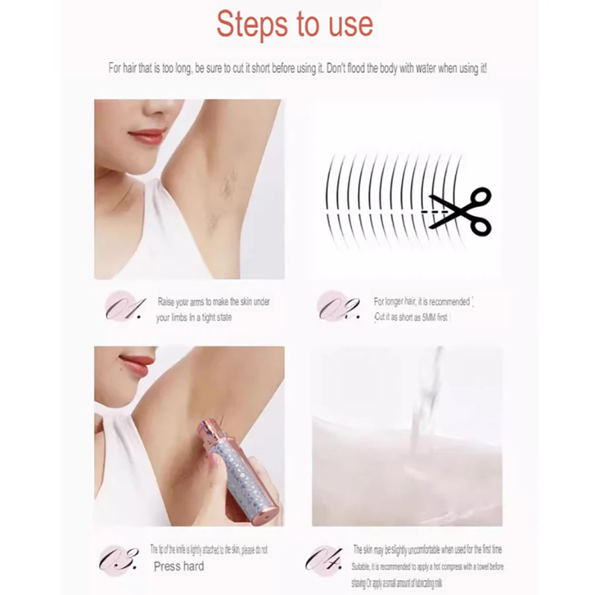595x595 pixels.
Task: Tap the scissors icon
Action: click(463, 211)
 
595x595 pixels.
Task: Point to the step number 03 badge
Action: click(119, 559)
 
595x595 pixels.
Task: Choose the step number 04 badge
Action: click(324, 559)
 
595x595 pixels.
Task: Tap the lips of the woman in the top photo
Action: click(147, 136)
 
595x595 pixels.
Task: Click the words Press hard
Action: click(178, 567)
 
